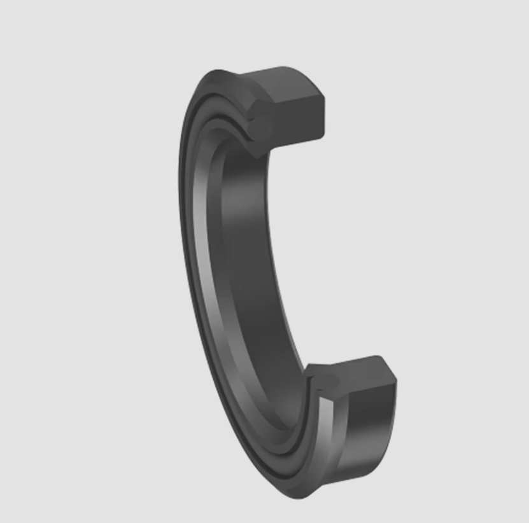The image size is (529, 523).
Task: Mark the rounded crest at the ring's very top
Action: tap(220, 73)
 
